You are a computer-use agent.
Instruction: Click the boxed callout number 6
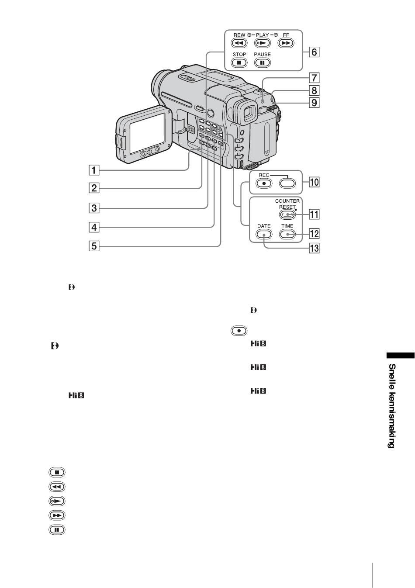click(314, 52)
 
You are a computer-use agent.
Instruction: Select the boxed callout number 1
click(94, 170)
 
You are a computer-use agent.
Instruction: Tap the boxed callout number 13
click(314, 248)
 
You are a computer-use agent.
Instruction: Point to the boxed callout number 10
click(314, 182)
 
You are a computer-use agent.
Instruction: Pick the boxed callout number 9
click(314, 102)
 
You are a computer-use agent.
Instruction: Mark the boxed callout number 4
click(94, 227)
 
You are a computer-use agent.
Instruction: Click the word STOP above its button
click(239, 54)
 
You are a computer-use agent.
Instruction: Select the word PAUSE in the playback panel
click(262, 54)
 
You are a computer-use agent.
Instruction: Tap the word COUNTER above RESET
click(287, 201)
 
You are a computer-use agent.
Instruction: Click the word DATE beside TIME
click(264, 226)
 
